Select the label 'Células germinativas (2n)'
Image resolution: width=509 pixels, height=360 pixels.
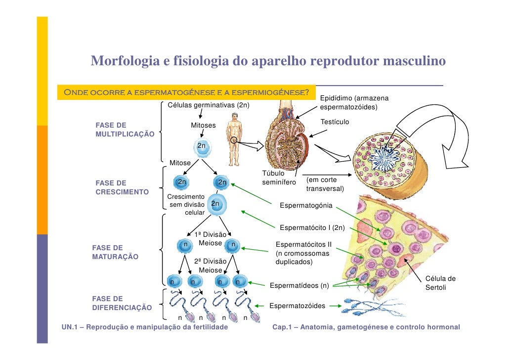209,105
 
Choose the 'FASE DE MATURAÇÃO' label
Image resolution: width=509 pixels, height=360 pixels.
115,252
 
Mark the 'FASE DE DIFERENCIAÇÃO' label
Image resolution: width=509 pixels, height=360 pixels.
122,303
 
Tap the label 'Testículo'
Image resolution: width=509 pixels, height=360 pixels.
335,122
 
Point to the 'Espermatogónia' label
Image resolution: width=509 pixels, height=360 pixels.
306,205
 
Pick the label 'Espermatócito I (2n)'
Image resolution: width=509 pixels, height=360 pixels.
312,227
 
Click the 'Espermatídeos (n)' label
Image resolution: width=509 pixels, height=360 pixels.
299,285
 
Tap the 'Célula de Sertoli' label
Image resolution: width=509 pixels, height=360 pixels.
440,282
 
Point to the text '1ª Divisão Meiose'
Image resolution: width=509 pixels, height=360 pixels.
211,239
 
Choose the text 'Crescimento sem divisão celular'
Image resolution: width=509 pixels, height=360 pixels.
183,205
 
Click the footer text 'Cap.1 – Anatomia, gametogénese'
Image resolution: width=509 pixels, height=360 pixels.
366,327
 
